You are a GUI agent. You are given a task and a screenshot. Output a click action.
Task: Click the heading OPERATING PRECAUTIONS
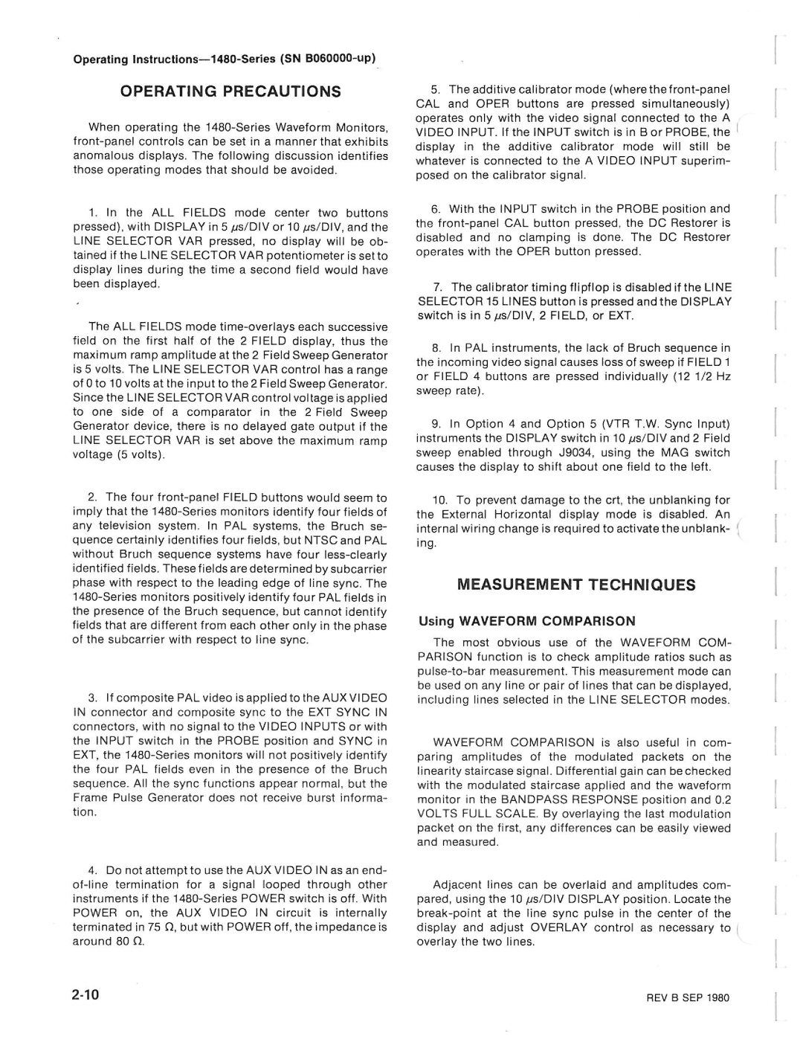click(230, 91)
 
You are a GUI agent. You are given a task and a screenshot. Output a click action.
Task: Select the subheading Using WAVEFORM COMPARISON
click(527, 621)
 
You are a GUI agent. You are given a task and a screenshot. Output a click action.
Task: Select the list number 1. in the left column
click(93, 213)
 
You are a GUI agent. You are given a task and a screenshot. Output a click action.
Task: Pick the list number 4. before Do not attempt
click(93, 870)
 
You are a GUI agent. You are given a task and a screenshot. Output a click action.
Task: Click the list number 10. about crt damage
click(440, 501)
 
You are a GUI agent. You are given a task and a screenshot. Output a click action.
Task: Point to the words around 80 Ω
click(109, 942)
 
